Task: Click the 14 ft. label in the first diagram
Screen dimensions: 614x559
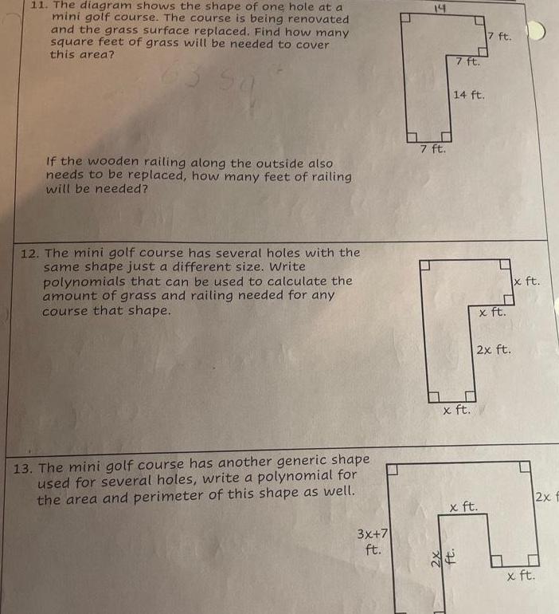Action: pyautogui.click(x=469, y=95)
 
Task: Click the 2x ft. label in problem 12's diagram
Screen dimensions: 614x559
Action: pyautogui.click(x=493, y=349)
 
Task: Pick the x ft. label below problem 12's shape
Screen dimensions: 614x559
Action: pyautogui.click(x=456, y=411)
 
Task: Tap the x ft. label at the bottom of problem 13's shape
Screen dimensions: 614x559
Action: pyautogui.click(x=522, y=574)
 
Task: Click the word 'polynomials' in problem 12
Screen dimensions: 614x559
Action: pyautogui.click(x=84, y=281)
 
